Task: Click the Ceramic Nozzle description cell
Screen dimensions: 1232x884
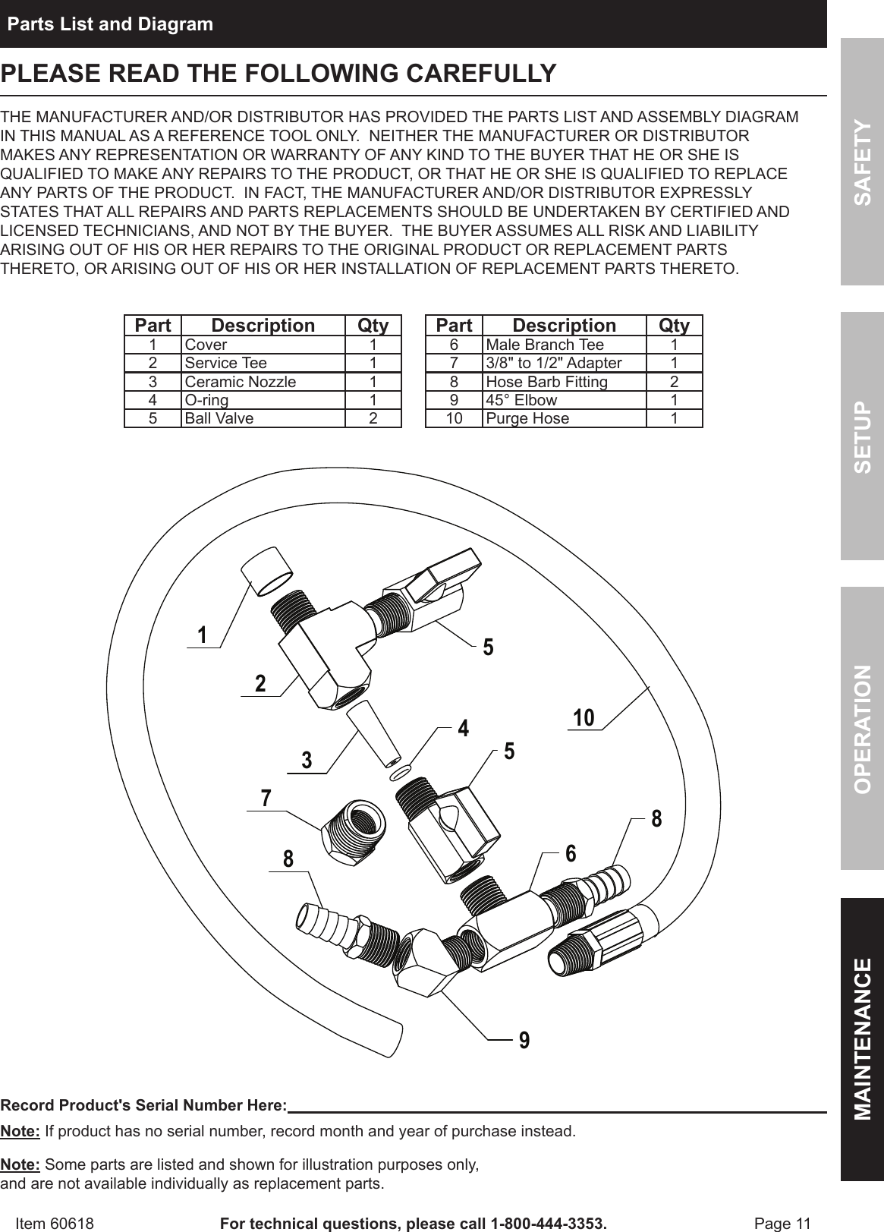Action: coord(241,381)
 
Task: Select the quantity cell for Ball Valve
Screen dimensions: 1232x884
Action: coord(373,418)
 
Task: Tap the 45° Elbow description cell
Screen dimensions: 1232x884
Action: coord(521,400)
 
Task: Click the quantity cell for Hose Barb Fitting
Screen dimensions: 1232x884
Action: coord(674,382)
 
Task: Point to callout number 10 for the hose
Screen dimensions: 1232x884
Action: coord(584,717)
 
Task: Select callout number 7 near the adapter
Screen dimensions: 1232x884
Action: coord(266,799)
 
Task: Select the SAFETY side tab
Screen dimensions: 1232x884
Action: coord(862,162)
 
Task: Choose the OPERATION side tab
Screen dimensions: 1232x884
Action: coord(862,728)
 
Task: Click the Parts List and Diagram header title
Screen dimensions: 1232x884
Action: coord(110,24)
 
